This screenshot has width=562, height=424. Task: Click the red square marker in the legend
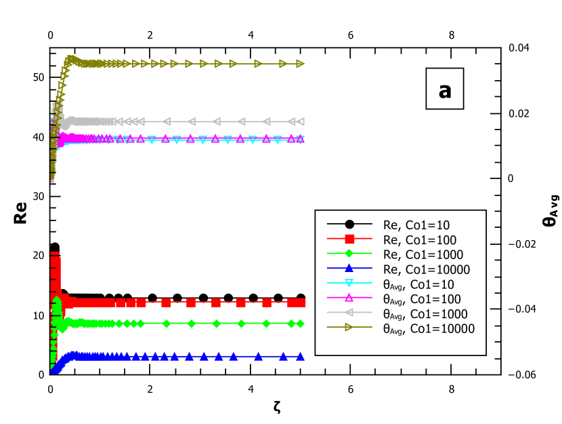[349, 239]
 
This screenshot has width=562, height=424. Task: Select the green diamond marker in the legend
[349, 254]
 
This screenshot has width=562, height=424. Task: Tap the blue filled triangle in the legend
[349, 268]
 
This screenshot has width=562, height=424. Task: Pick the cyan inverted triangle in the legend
[349, 283]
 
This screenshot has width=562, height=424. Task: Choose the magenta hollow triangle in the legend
[349, 297]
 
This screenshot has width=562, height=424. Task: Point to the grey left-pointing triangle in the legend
[349, 312]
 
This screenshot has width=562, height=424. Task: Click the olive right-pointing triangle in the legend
[349, 327]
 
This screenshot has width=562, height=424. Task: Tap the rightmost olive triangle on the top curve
[301, 64]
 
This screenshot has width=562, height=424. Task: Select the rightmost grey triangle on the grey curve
[301, 121]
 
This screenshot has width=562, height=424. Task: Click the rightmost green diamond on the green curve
[300, 324]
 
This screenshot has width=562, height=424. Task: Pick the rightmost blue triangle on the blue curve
[300, 356]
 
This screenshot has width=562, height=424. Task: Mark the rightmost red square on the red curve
[301, 303]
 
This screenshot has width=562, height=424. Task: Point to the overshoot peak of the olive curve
[70, 58]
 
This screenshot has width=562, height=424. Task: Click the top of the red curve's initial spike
[55, 254]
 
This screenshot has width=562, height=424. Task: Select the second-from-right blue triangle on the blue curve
[284, 356]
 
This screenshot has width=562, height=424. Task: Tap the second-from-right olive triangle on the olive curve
[284, 64]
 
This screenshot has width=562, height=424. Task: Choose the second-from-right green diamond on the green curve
[291, 324]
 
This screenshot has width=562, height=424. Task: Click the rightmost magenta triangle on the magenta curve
[300, 138]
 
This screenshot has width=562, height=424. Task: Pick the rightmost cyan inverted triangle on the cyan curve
[300, 140]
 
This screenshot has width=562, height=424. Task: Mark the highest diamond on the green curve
[57, 300]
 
